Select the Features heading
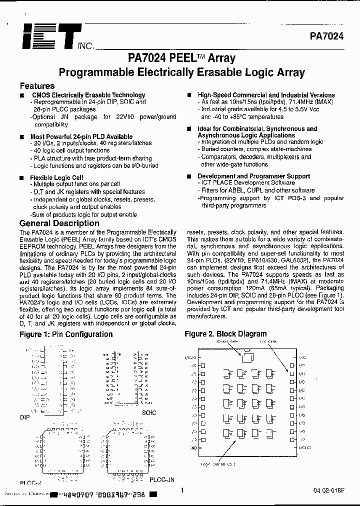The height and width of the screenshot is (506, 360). (37, 85)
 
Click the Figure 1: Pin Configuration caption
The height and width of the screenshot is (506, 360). (66, 334)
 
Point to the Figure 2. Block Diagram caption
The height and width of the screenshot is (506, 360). (225, 333)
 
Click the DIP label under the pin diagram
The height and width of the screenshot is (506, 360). (25, 416)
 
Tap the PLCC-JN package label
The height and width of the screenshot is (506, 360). (162, 478)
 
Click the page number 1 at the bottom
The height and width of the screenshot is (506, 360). (182, 491)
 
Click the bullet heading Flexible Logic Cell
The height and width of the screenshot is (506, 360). (56, 177)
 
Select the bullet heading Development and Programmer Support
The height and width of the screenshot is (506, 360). (253, 176)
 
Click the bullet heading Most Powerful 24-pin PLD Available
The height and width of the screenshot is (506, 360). (81, 136)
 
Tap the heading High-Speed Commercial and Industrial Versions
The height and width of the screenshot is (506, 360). (266, 95)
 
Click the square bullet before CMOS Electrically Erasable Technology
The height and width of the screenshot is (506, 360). (22, 95)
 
